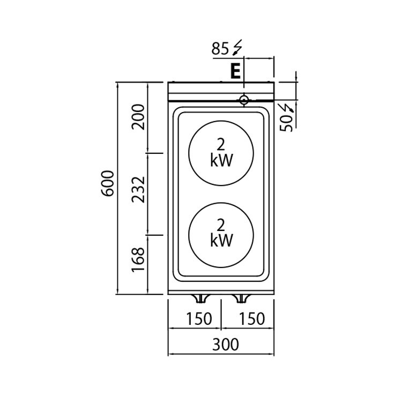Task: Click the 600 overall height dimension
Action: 108,183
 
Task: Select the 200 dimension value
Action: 138,117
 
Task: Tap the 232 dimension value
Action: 138,189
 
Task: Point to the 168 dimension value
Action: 138,259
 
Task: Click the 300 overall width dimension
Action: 225,344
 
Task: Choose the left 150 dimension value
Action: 199,319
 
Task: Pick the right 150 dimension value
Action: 252,319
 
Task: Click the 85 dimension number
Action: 220,48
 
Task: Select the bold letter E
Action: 236,71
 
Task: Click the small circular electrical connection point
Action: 244,100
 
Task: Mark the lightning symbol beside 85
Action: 236,48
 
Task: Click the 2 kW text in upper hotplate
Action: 221,153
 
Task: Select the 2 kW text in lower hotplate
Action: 221,233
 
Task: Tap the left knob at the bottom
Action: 200,299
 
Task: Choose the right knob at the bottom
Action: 241,299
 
